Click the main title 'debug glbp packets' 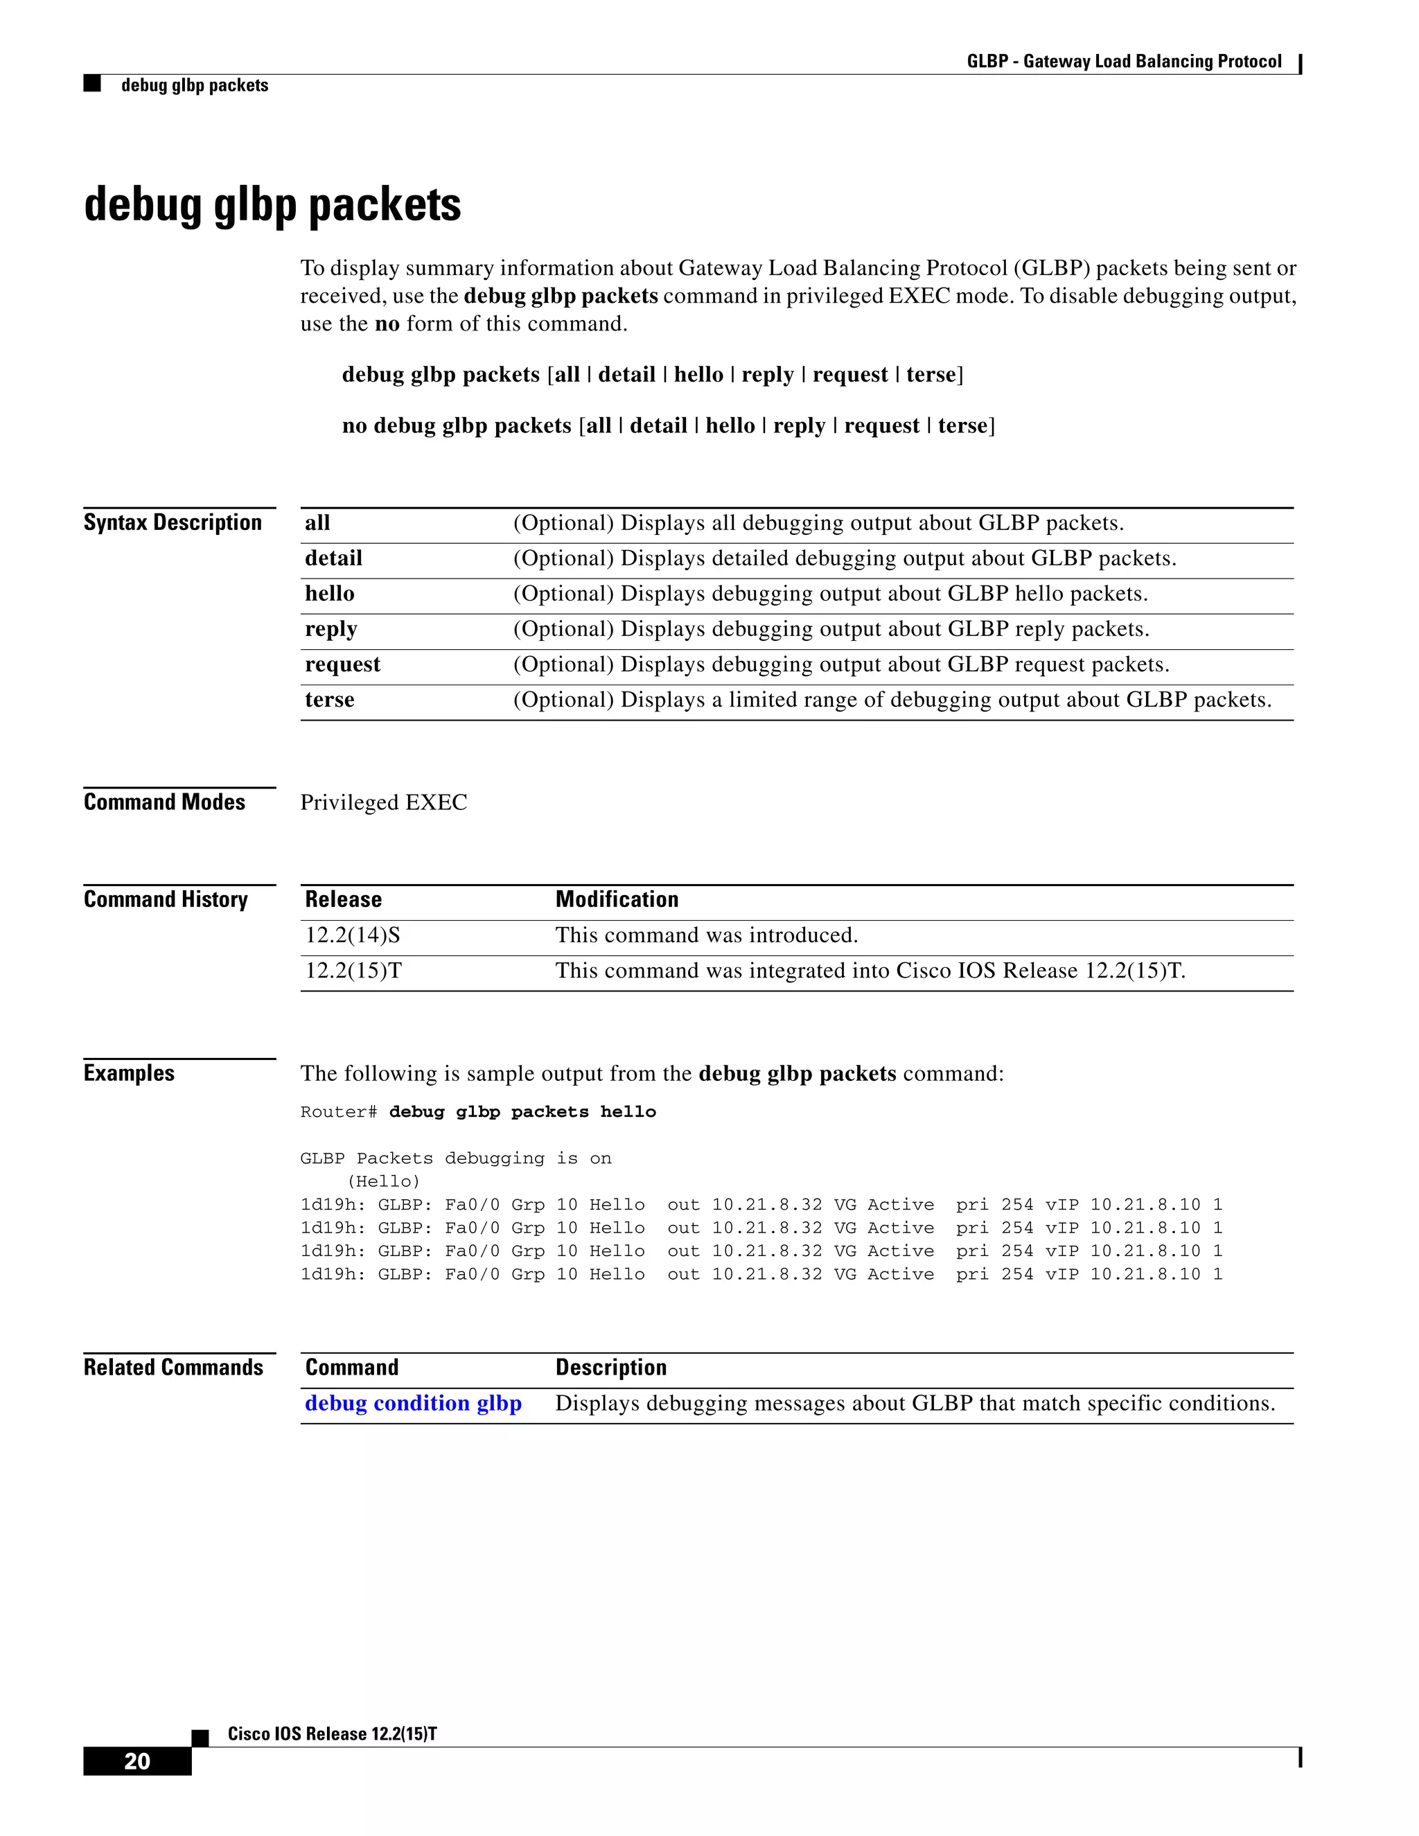pos(272,205)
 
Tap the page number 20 pos(137,1760)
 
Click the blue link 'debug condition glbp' pos(413,1403)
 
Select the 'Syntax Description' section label pos(173,522)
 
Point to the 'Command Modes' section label pos(164,802)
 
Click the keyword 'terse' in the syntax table pos(330,700)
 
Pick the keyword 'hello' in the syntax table pos(330,594)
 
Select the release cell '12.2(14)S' pos(352,935)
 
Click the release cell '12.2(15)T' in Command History pos(353,970)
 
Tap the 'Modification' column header pos(616,899)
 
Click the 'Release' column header pos(343,899)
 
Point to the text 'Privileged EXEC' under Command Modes pos(383,803)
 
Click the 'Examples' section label pos(129,1073)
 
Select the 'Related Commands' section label pos(173,1367)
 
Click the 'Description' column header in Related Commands pos(610,1367)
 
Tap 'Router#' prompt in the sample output pos(338,1112)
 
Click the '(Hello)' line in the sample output pos(383,1181)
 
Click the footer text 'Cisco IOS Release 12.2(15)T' pos(332,1733)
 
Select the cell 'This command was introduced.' pos(706,935)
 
